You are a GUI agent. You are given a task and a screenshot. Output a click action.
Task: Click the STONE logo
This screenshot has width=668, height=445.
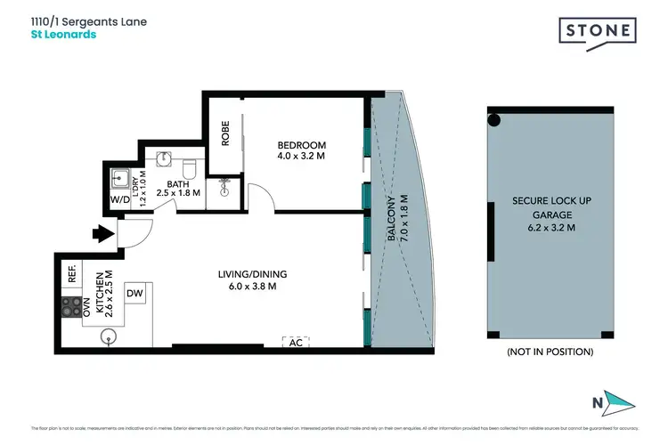598,31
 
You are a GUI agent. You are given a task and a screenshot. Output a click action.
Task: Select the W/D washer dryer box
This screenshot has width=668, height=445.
119,201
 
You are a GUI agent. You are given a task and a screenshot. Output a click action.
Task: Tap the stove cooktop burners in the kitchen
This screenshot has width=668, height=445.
69,307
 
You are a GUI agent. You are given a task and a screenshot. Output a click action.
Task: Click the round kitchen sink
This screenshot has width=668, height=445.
108,336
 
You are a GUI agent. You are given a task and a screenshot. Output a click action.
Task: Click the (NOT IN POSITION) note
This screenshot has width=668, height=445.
549,352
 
